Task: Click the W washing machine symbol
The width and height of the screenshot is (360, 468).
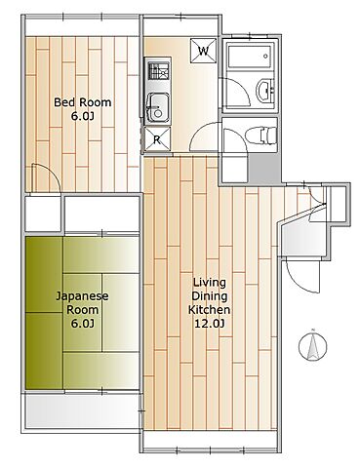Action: point(203,51)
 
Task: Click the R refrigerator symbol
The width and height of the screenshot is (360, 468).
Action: point(157,139)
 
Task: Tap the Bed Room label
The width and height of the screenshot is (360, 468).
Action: point(83,102)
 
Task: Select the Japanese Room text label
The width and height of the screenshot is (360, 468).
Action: point(82,302)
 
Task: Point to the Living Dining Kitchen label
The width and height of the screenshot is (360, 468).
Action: point(210,295)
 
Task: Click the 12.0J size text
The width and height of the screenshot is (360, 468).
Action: point(210,324)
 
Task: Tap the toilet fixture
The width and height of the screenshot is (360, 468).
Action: point(260,136)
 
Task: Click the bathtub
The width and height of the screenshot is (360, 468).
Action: point(249,57)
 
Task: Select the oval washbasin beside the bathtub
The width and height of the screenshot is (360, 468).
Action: point(265,91)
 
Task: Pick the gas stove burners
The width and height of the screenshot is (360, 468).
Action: point(159,71)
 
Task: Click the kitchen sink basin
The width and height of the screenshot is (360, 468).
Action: point(158,108)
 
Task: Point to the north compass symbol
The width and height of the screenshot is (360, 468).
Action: point(312,345)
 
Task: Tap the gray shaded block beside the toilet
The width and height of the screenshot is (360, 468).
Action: point(264,169)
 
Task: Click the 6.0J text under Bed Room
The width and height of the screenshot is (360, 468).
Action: point(83,116)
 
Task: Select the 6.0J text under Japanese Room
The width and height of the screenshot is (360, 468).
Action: point(82,324)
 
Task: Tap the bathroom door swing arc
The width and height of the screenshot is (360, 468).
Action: point(242,85)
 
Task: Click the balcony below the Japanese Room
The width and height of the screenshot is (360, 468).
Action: point(82,410)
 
